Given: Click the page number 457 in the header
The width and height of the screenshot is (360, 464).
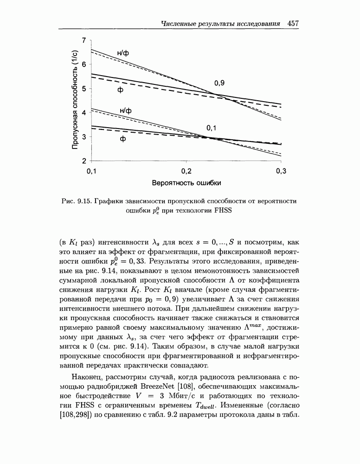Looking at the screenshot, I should coord(295,23).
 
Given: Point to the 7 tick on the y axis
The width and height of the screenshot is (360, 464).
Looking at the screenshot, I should coord(84,40).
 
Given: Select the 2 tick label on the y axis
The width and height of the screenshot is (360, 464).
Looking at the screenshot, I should coord(84,161).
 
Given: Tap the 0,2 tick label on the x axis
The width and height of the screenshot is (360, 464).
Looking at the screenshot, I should coord(186,171).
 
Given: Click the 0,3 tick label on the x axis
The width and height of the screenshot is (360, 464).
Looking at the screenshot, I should coord(281,171).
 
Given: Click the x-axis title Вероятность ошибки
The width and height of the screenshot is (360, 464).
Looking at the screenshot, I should coord(186,182).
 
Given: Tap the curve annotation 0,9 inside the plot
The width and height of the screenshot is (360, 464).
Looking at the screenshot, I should coord(219,83).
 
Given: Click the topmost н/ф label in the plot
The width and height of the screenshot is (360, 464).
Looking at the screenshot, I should coord(123,53).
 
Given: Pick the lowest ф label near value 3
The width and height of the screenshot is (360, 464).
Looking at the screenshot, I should coord(123,139).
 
